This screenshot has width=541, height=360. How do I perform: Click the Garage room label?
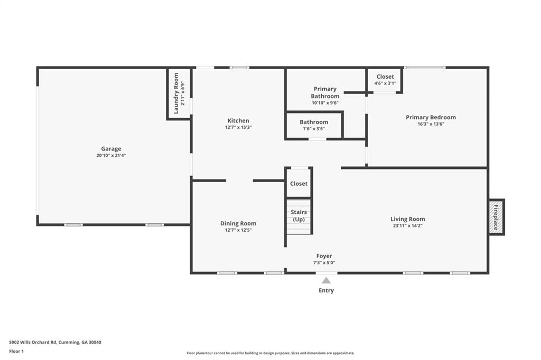(x=111, y=149)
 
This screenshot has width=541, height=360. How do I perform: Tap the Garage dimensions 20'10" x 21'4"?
(x=111, y=156)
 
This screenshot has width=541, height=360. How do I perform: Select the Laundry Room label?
(x=176, y=93)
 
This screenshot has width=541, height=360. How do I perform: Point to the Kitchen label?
(x=238, y=121)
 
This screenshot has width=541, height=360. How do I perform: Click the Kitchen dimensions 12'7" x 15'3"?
(x=238, y=127)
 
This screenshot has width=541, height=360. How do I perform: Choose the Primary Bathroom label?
(x=325, y=92)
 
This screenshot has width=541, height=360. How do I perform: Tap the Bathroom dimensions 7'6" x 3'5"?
(x=314, y=129)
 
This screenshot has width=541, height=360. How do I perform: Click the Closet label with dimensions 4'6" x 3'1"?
(x=385, y=77)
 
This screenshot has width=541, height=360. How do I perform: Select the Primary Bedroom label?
(x=431, y=117)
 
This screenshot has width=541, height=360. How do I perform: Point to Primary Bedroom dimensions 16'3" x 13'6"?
(x=431, y=124)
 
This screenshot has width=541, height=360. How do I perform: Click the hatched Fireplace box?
(x=496, y=217)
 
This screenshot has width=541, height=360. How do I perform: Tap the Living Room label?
(x=407, y=219)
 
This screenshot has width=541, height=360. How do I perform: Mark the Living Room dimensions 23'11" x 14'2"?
(x=407, y=226)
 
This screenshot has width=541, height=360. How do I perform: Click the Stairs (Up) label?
(x=299, y=215)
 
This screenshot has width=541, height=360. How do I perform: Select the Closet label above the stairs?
(x=299, y=184)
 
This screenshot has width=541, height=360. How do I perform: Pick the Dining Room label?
(x=238, y=223)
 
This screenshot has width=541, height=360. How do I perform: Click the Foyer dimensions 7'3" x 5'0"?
(x=324, y=263)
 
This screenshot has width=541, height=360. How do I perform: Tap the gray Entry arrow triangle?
(x=326, y=281)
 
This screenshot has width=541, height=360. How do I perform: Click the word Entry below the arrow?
(x=326, y=290)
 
